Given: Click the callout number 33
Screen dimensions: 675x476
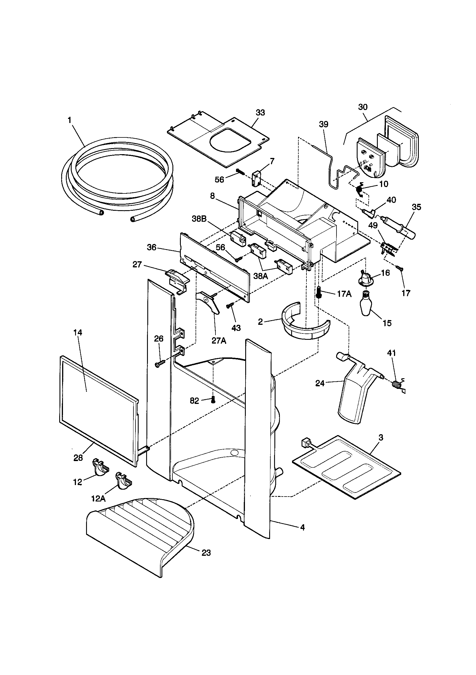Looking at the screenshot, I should (260, 113).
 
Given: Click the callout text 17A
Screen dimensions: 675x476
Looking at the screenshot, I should (344, 294).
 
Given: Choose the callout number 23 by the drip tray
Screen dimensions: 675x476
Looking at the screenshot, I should (206, 553).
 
